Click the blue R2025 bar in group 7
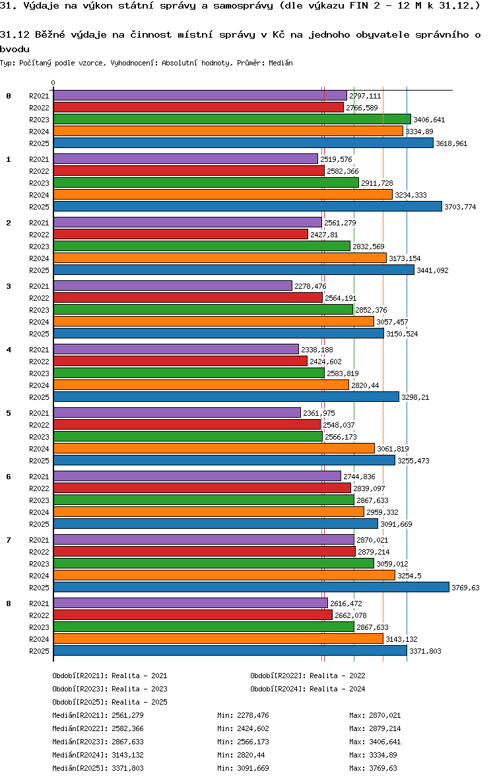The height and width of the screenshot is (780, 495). point(251,588)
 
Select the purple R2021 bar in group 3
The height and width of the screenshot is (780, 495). point(172,286)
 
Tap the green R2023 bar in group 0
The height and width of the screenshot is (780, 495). point(232,120)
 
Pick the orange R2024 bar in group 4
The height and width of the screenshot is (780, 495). point(201,385)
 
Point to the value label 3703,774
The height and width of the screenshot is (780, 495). point(460,207)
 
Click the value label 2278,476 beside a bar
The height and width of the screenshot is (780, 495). point(310,286)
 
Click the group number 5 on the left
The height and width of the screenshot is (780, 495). point(9,413)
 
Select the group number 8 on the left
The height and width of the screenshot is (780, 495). point(9,604)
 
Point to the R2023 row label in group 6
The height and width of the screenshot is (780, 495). point(39,500)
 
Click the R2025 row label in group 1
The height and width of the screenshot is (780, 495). point(39,207)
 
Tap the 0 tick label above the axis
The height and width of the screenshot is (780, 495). point(53,83)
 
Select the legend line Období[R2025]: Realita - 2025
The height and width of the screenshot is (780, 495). point(110,702)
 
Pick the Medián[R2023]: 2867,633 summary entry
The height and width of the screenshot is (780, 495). point(98,742)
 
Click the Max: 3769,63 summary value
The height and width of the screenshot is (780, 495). point(375,768)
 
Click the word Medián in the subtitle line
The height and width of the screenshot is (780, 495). point(280,63)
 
